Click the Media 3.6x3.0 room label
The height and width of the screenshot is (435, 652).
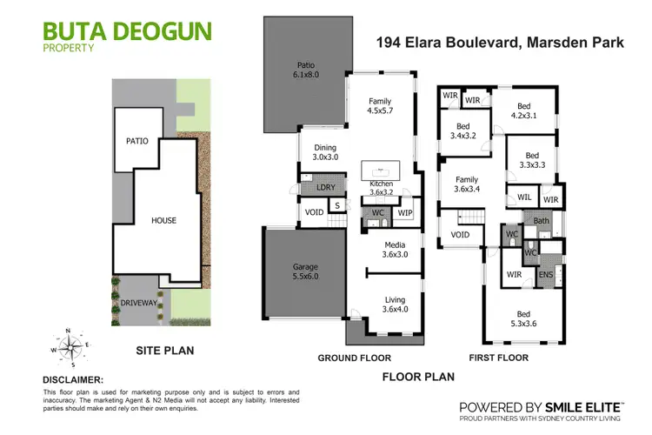[x=396, y=250]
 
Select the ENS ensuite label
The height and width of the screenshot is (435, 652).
[x=546, y=276]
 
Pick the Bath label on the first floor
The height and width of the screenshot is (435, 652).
[x=542, y=221]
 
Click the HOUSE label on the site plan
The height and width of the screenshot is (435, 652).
[x=163, y=220]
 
